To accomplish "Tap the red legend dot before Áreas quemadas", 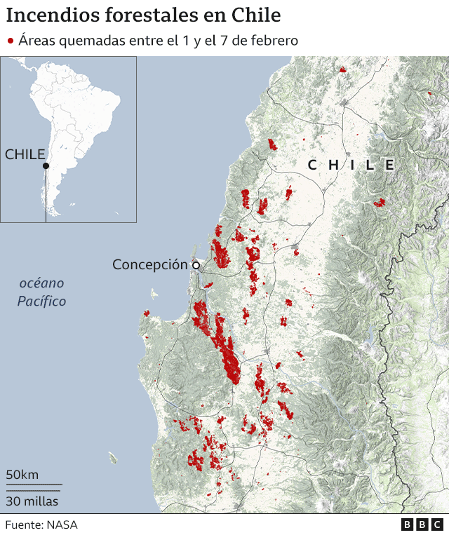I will pos(11,41).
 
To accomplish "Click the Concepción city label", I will pos(150,264).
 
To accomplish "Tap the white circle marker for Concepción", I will pos(196,265).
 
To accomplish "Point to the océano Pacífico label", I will pos(42,292).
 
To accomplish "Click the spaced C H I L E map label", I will pos(351,165).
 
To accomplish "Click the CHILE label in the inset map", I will pos(25,154).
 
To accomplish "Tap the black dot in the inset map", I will pos(46,166).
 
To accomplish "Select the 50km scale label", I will pos(22,475).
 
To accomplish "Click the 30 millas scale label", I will pos(32,501).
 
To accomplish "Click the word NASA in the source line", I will pos(63,524).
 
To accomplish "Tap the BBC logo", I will pos(422,524).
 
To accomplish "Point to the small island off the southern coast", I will pos(112,459).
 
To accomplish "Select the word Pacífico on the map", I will pos(42,301).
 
